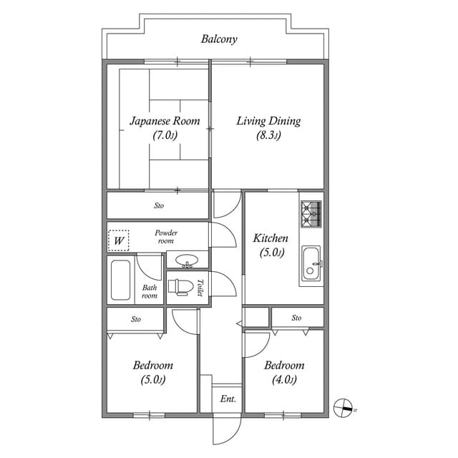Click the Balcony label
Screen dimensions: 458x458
click(x=219, y=39)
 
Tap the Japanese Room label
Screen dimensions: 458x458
click(x=165, y=127)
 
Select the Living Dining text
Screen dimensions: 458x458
click(x=268, y=127)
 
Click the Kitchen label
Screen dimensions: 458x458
click(x=271, y=245)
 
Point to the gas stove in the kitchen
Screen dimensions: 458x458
click(x=311, y=213)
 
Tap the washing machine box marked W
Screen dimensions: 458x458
click(x=118, y=241)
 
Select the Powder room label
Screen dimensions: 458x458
click(x=166, y=237)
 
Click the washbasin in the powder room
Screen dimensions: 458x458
click(x=187, y=260)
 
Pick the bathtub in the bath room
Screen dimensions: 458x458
click(x=120, y=281)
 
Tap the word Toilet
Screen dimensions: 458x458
click(x=201, y=287)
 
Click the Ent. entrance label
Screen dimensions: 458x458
click(x=228, y=399)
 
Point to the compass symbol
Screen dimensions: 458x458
click(x=343, y=406)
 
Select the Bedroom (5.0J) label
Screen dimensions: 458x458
click(x=153, y=372)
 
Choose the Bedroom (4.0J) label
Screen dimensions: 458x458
click(x=284, y=372)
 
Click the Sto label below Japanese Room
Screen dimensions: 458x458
click(x=159, y=206)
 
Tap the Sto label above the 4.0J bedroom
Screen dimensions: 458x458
click(x=296, y=317)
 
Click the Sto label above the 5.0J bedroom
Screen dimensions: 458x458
click(x=136, y=319)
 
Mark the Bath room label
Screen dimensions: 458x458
click(x=149, y=291)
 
